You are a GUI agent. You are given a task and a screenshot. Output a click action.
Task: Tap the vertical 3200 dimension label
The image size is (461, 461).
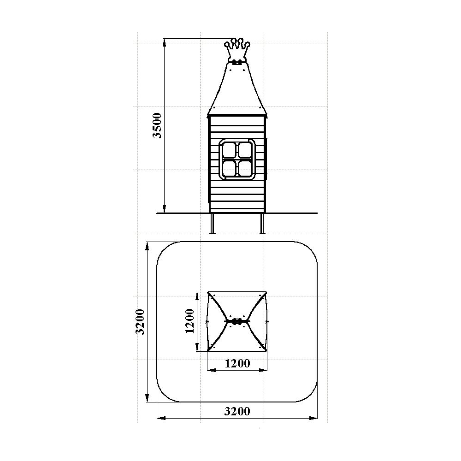coord(140,322)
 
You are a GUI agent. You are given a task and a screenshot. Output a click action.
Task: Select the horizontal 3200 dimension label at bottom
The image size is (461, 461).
coord(237,411)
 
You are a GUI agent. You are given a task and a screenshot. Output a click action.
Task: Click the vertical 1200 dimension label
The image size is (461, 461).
coord(189,321)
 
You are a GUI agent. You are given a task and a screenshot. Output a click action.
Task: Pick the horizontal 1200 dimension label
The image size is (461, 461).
coord(237,363)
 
